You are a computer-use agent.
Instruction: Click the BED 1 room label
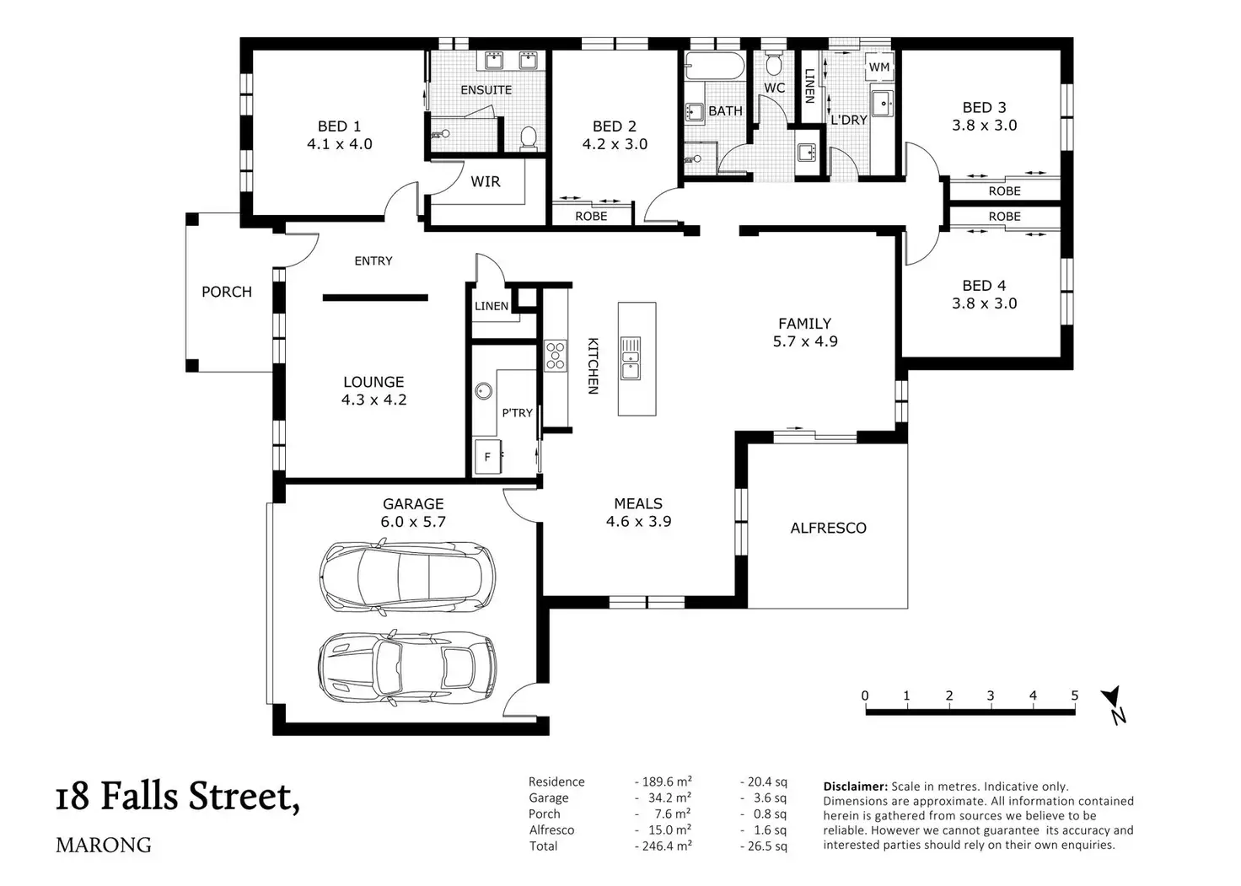click(x=339, y=126)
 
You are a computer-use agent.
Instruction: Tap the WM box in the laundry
click(x=878, y=67)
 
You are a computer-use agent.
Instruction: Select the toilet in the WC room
click(x=774, y=64)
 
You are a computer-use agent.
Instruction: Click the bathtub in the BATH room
click(x=715, y=66)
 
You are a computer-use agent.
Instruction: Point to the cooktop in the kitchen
click(x=555, y=356)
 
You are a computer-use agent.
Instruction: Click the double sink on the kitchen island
click(x=631, y=358)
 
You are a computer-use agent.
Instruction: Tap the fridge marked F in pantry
click(x=488, y=457)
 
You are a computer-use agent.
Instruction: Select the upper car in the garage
click(x=407, y=577)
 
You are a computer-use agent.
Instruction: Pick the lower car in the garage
click(x=407, y=669)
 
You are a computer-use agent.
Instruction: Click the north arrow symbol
click(x=1115, y=704)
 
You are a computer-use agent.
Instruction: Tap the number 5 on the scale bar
click(x=1075, y=695)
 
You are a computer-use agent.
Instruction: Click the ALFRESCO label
click(x=828, y=528)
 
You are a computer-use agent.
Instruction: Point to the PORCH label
click(x=227, y=292)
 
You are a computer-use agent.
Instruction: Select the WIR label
click(x=486, y=181)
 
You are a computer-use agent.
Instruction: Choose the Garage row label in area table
click(x=549, y=797)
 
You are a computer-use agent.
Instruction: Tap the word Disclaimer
click(x=856, y=787)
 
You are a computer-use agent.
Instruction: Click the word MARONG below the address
click(x=104, y=845)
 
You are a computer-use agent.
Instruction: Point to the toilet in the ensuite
click(x=529, y=138)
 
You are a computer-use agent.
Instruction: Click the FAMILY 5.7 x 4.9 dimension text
click(x=805, y=341)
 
